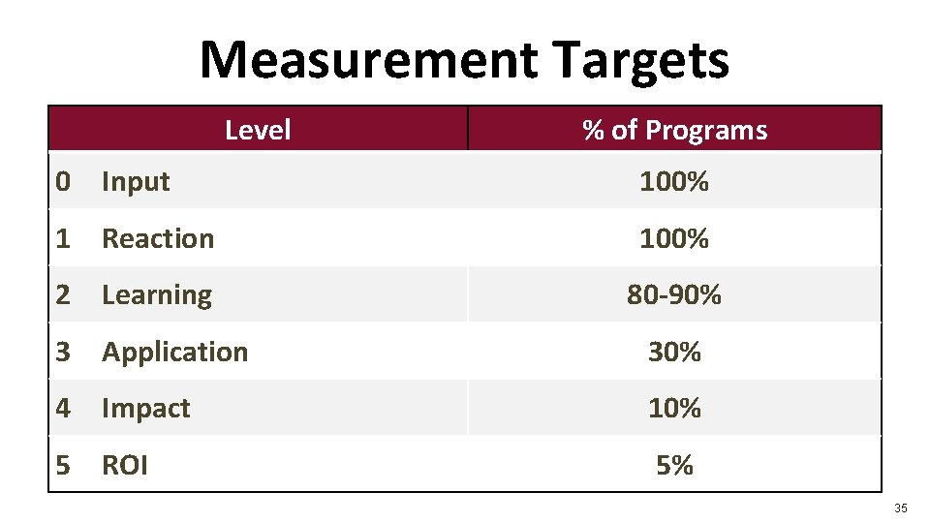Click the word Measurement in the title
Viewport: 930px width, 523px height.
[x=369, y=60]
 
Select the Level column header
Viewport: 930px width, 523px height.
[x=258, y=130]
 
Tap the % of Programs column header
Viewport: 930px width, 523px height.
[x=674, y=130]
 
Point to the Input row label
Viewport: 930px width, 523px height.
[x=136, y=181]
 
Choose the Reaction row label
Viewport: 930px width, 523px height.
[x=158, y=238]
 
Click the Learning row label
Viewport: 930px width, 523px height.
[x=157, y=295]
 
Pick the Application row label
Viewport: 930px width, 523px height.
[x=175, y=352]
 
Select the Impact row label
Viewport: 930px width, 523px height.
[x=146, y=409]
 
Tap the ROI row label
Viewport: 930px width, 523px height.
[x=125, y=466]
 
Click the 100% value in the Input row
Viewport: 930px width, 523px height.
[x=674, y=181]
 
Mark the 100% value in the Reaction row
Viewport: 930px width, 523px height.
[x=674, y=238]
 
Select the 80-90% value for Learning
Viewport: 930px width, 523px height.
[x=674, y=295]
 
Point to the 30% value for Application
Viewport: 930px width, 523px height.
[x=674, y=352]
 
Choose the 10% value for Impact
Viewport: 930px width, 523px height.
[x=674, y=409]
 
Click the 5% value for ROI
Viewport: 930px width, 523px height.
[x=674, y=466]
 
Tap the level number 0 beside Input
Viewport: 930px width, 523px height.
[x=63, y=181]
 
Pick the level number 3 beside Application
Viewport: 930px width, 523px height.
[x=63, y=352]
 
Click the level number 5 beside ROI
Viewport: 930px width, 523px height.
[x=63, y=466]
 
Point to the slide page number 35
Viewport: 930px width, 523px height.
[x=901, y=508]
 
